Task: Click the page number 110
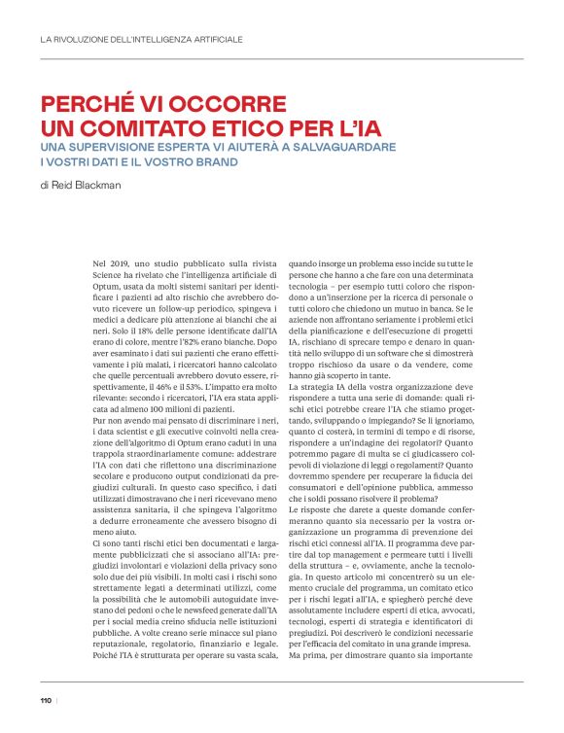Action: pos(46,700)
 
